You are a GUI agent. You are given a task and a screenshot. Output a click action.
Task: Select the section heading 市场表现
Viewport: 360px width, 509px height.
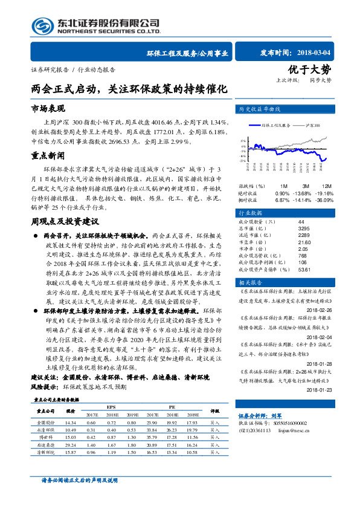tap(48, 108)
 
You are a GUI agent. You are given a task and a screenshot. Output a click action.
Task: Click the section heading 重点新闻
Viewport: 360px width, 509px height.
tap(48, 155)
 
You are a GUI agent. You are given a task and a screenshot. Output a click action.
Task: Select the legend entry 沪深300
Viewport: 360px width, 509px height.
tap(313, 125)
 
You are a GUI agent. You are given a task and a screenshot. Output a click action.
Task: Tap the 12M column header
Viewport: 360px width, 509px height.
tap(326, 186)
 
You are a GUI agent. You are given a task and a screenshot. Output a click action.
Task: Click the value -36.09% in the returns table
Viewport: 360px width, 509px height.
tap(325, 199)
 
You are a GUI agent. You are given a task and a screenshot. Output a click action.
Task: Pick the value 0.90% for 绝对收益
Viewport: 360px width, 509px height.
tap(281, 192)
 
